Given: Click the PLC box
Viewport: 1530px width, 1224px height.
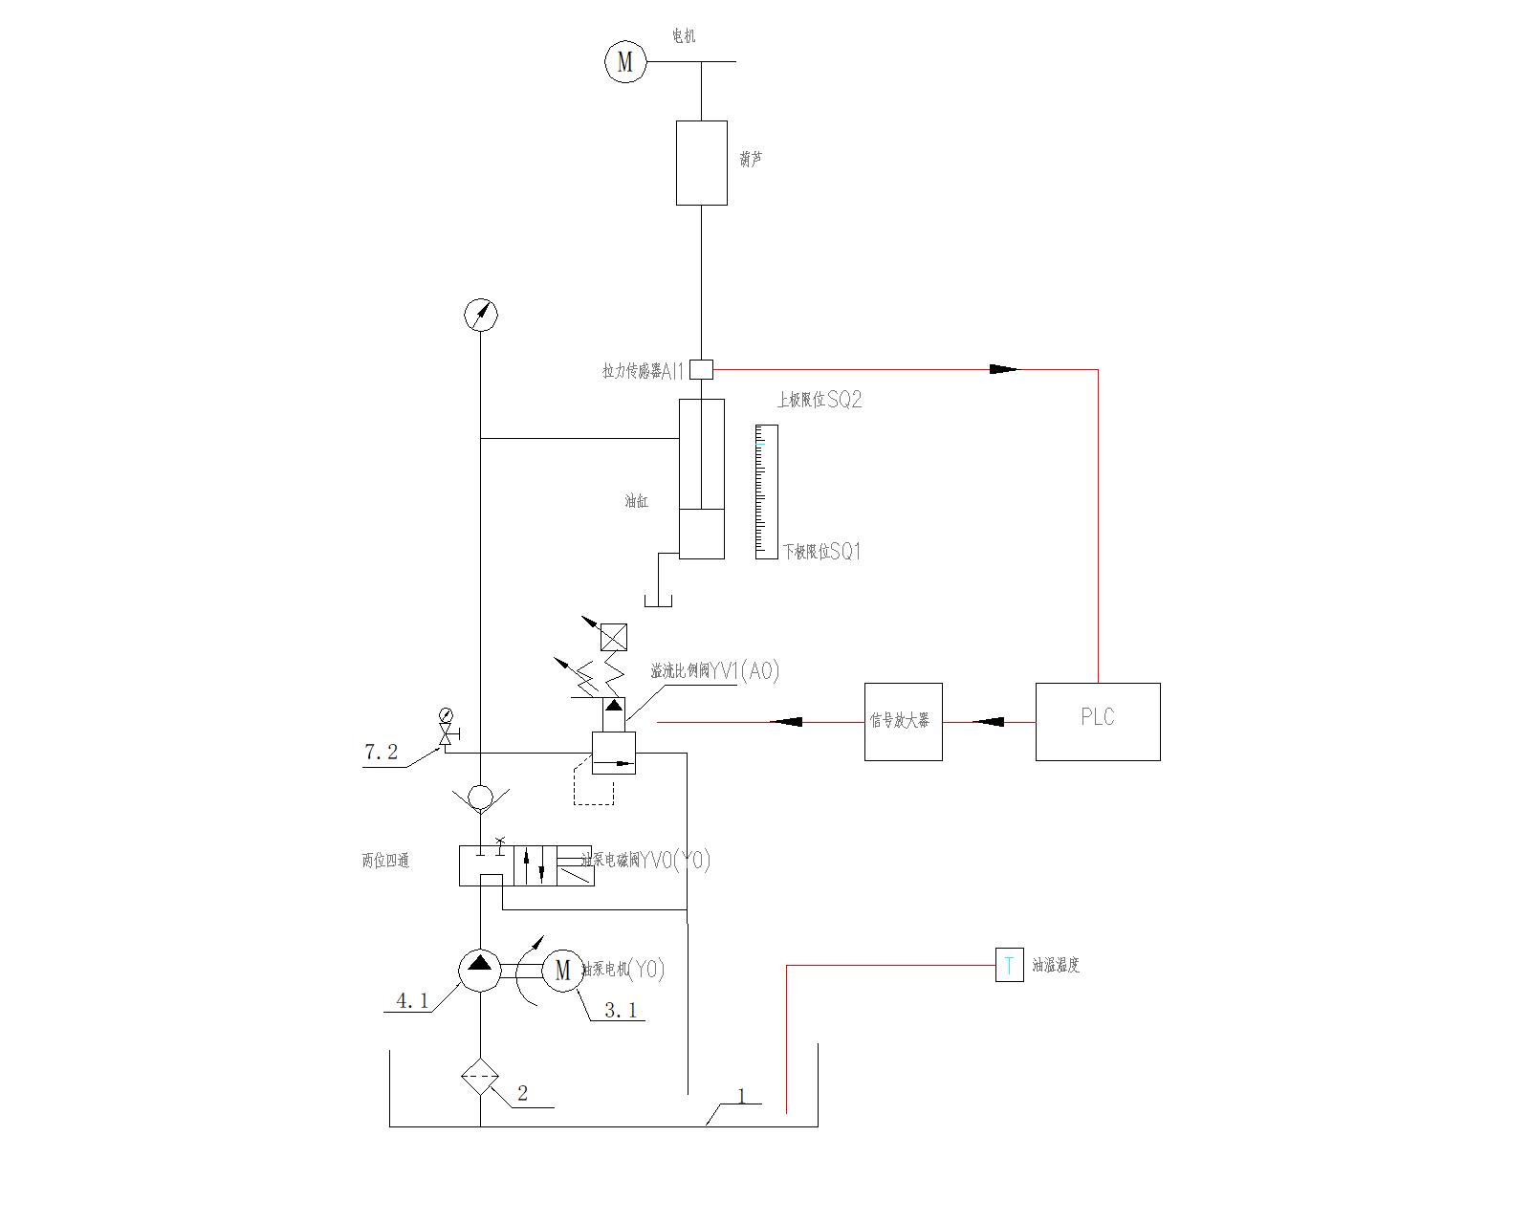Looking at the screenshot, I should point(1098,722).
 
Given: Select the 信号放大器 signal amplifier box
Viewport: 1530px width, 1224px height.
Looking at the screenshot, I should point(903,722).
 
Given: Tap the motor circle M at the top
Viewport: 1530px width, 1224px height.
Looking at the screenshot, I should point(625,62).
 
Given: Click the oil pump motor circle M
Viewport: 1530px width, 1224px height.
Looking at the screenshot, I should point(562,971).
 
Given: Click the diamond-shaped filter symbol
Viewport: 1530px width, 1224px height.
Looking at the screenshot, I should point(480,1079).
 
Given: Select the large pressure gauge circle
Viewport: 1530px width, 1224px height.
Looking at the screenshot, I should point(480,315).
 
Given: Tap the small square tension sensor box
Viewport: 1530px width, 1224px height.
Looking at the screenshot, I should point(702,369).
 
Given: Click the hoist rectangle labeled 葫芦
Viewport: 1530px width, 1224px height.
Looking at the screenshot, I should point(702,163).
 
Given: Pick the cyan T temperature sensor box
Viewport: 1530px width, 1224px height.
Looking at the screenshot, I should point(1010,965).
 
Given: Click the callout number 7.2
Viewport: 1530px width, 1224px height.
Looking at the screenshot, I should point(381,753).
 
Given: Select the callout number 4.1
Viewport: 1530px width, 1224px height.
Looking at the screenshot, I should point(413,1001).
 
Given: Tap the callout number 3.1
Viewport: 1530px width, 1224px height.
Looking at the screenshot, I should point(621,1009).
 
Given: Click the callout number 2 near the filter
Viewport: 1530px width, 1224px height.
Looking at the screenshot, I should point(522,1093).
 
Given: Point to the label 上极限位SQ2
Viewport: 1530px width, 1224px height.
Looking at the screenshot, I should point(820,401).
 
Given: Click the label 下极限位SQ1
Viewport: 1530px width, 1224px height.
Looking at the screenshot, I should point(822,552).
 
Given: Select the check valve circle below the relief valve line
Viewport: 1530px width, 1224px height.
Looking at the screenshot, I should point(480,797).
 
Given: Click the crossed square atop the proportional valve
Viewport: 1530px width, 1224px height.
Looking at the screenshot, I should point(613,637).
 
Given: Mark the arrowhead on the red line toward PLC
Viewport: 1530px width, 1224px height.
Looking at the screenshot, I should point(1004,369).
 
